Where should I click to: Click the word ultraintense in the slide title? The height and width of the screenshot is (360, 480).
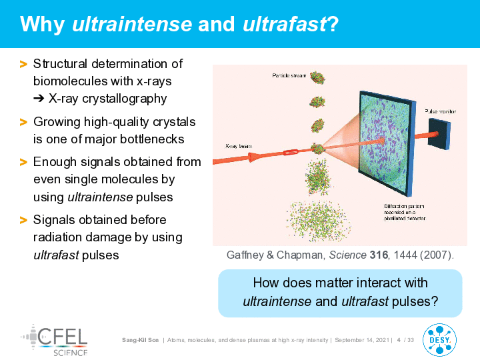pos(132,24)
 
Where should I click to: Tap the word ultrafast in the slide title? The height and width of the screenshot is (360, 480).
pos(285,24)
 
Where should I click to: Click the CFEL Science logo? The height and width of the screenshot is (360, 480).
pos(55,341)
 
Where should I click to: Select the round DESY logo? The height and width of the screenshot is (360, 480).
pos(439,340)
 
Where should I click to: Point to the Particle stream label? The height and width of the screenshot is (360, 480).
pos(289,75)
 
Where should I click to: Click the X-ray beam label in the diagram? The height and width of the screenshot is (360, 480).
pos(239,146)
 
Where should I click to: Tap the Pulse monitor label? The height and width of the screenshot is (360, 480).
pos(440,111)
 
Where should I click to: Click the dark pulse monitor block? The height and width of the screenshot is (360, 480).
pos(439,134)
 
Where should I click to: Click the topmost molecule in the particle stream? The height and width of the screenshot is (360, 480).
pos(317,77)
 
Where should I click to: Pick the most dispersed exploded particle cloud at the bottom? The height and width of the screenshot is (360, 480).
pos(318,221)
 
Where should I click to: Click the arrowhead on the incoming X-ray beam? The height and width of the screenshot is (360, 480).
pos(253,157)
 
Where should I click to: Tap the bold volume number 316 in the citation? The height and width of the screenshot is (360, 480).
pos(379,255)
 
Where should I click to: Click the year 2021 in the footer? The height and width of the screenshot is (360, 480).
pos(383,340)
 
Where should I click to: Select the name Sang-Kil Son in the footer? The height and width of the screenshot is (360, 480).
pos(140,340)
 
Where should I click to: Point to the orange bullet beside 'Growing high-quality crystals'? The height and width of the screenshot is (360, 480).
pos(23,122)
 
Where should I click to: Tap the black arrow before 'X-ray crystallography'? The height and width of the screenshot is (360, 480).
pos(39,99)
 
